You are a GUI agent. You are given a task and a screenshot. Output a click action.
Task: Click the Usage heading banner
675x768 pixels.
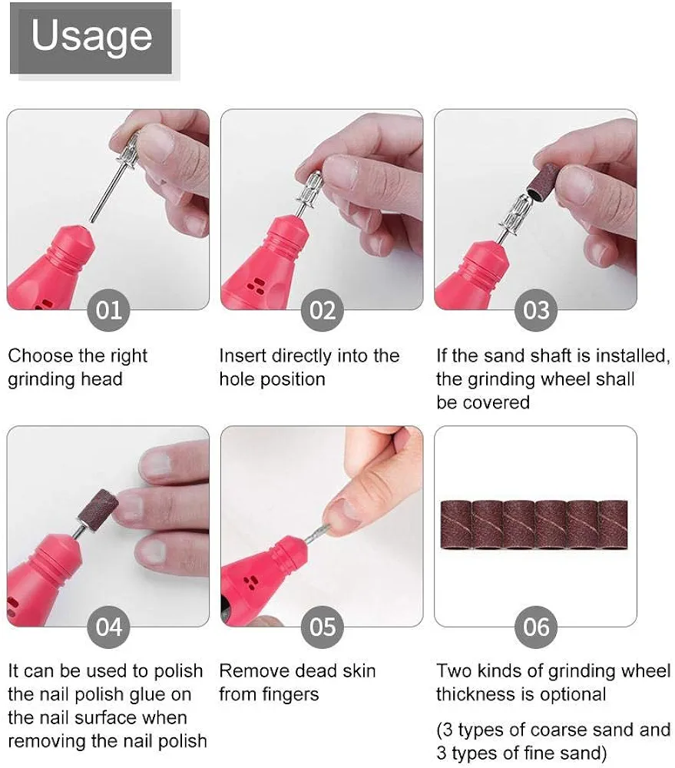(91, 38)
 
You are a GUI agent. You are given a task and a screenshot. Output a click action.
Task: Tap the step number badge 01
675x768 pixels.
(108, 310)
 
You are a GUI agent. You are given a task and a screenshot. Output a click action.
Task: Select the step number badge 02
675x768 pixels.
(323, 310)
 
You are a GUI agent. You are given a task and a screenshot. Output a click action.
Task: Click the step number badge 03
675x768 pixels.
(536, 310)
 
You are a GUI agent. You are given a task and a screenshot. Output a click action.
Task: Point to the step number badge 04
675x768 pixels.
(108, 627)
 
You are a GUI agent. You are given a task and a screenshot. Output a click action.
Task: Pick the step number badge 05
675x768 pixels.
(323, 627)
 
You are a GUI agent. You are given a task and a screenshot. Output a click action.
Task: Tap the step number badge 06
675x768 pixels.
(536, 627)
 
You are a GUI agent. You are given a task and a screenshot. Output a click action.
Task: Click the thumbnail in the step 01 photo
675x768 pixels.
(156, 140)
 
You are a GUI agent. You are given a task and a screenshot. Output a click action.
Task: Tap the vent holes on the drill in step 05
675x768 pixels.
(250, 581)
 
